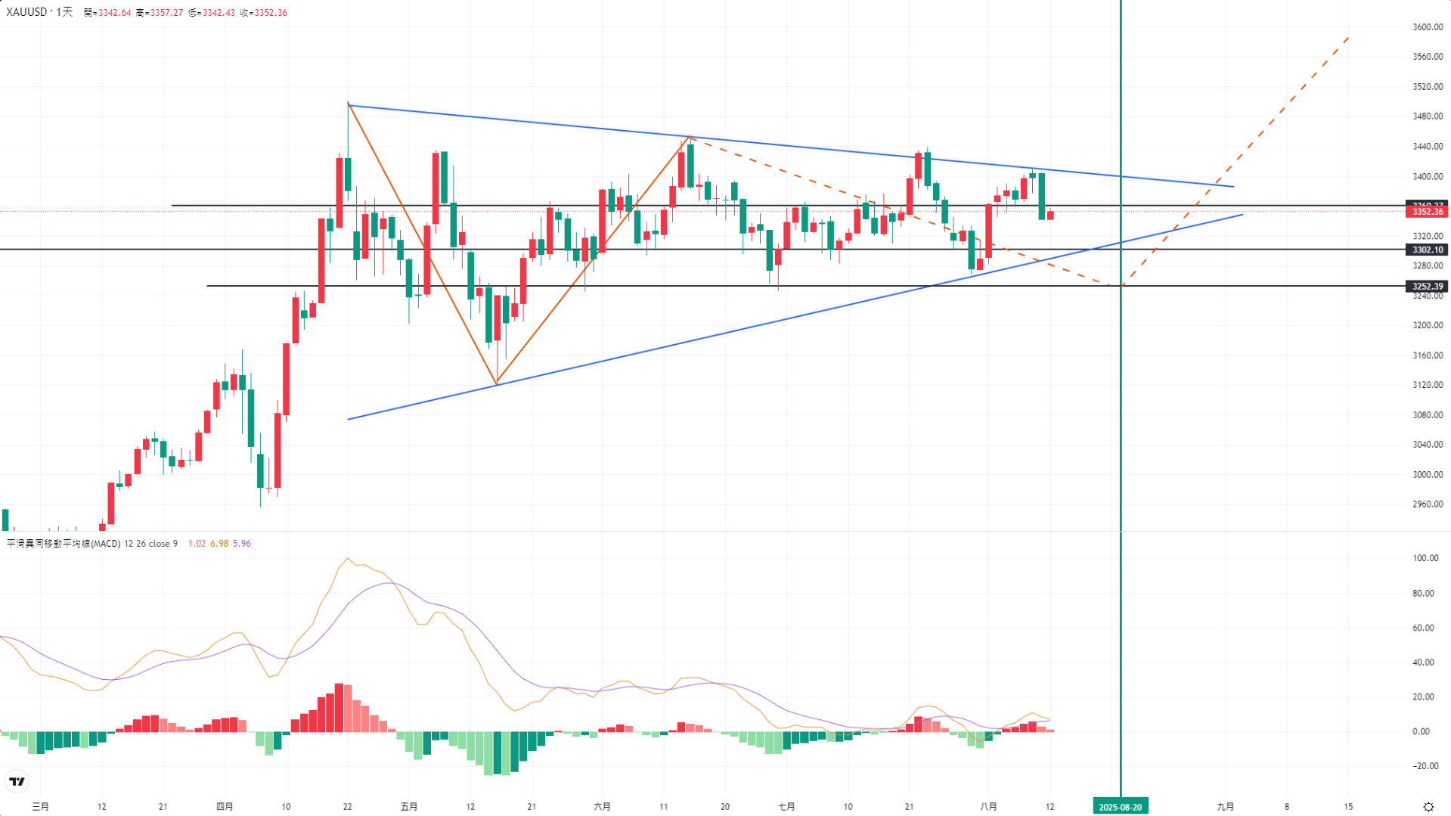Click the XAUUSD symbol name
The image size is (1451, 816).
pos(26,12)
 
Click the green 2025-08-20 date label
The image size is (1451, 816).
pos(1120,807)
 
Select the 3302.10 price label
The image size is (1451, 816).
pos(1428,250)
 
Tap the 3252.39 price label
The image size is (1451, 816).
pos(1428,286)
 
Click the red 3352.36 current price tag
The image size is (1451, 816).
pos(1428,212)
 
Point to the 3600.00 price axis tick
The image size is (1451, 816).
pos(1428,27)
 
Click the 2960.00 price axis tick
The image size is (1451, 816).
pos(1428,504)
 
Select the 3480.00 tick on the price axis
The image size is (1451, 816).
pos(1428,116)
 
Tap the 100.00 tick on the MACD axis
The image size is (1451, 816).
pos(1425,558)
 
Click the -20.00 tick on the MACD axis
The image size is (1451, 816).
pos(1425,766)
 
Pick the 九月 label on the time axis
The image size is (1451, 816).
pos(1225,807)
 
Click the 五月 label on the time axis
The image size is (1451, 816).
pos(408,807)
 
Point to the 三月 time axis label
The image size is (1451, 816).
pos(41,807)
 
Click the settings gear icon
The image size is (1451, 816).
pos(1428,807)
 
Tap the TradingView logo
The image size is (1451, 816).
pos(17,781)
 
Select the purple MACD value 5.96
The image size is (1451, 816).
pos(242,544)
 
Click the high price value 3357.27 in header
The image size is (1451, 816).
pos(166,13)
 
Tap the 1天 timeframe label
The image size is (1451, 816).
pos(65,12)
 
